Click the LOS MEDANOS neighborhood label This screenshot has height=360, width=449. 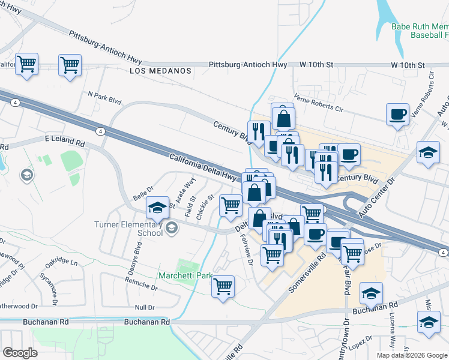tap(160, 71)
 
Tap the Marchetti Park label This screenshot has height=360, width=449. tap(185, 275)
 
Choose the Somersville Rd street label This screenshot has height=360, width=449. tap(307, 271)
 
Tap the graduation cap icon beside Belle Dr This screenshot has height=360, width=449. tap(157, 208)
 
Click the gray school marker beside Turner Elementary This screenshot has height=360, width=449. tap(172, 227)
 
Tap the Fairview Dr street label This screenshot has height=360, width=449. tap(246, 245)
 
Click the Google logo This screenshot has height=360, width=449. tap(20, 353)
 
